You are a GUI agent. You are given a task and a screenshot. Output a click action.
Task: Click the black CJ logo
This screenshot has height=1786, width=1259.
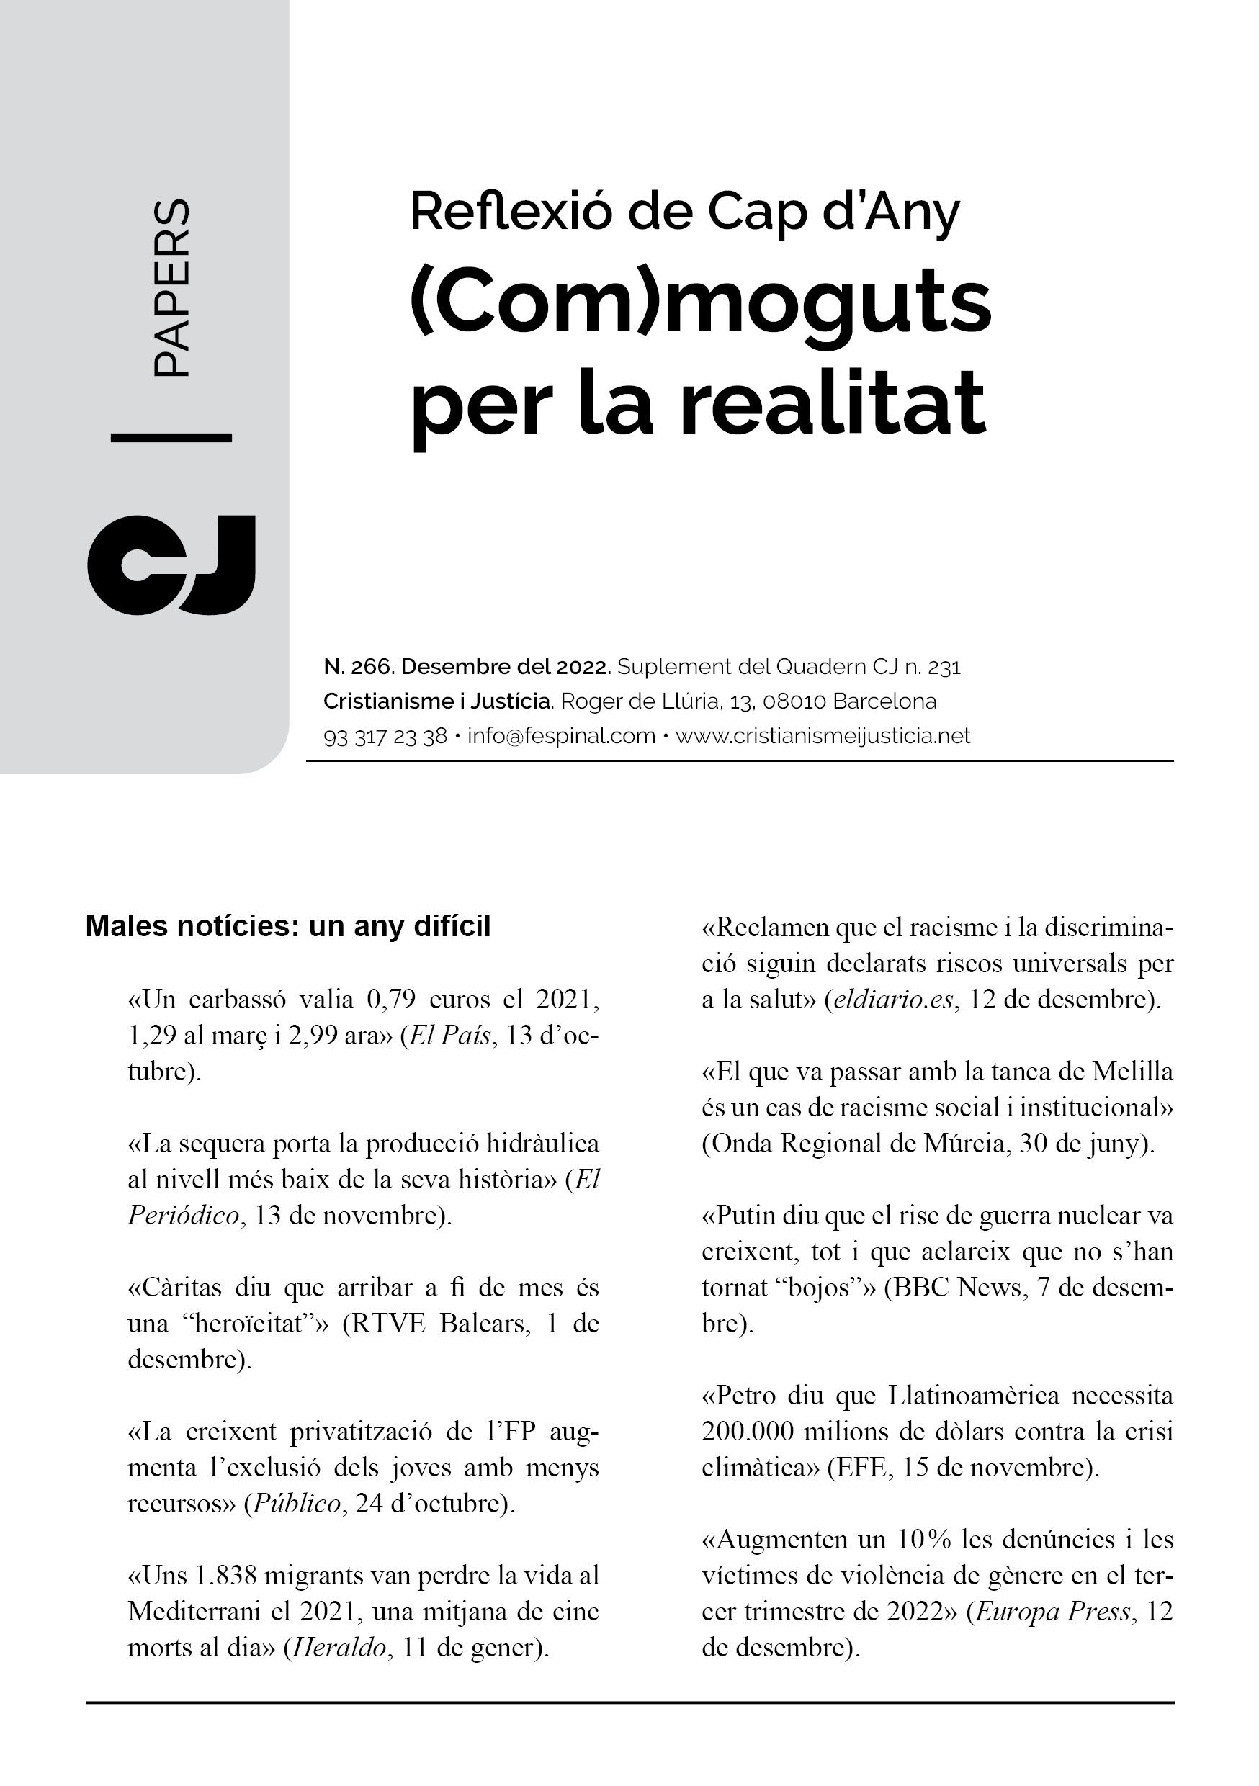(x=171, y=565)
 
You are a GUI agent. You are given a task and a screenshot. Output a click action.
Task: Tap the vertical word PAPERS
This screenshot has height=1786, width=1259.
(x=171, y=289)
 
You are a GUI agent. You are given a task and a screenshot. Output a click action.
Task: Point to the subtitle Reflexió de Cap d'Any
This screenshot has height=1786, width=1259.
(x=685, y=212)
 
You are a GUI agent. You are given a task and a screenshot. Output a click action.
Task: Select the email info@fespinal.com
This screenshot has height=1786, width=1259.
(x=561, y=736)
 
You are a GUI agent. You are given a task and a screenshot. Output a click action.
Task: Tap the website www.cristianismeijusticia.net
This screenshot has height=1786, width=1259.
(x=823, y=736)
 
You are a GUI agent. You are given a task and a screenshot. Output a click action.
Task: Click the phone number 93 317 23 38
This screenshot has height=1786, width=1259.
(x=385, y=736)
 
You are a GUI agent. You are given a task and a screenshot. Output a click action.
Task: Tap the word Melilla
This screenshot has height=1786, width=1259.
(x=1132, y=1072)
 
